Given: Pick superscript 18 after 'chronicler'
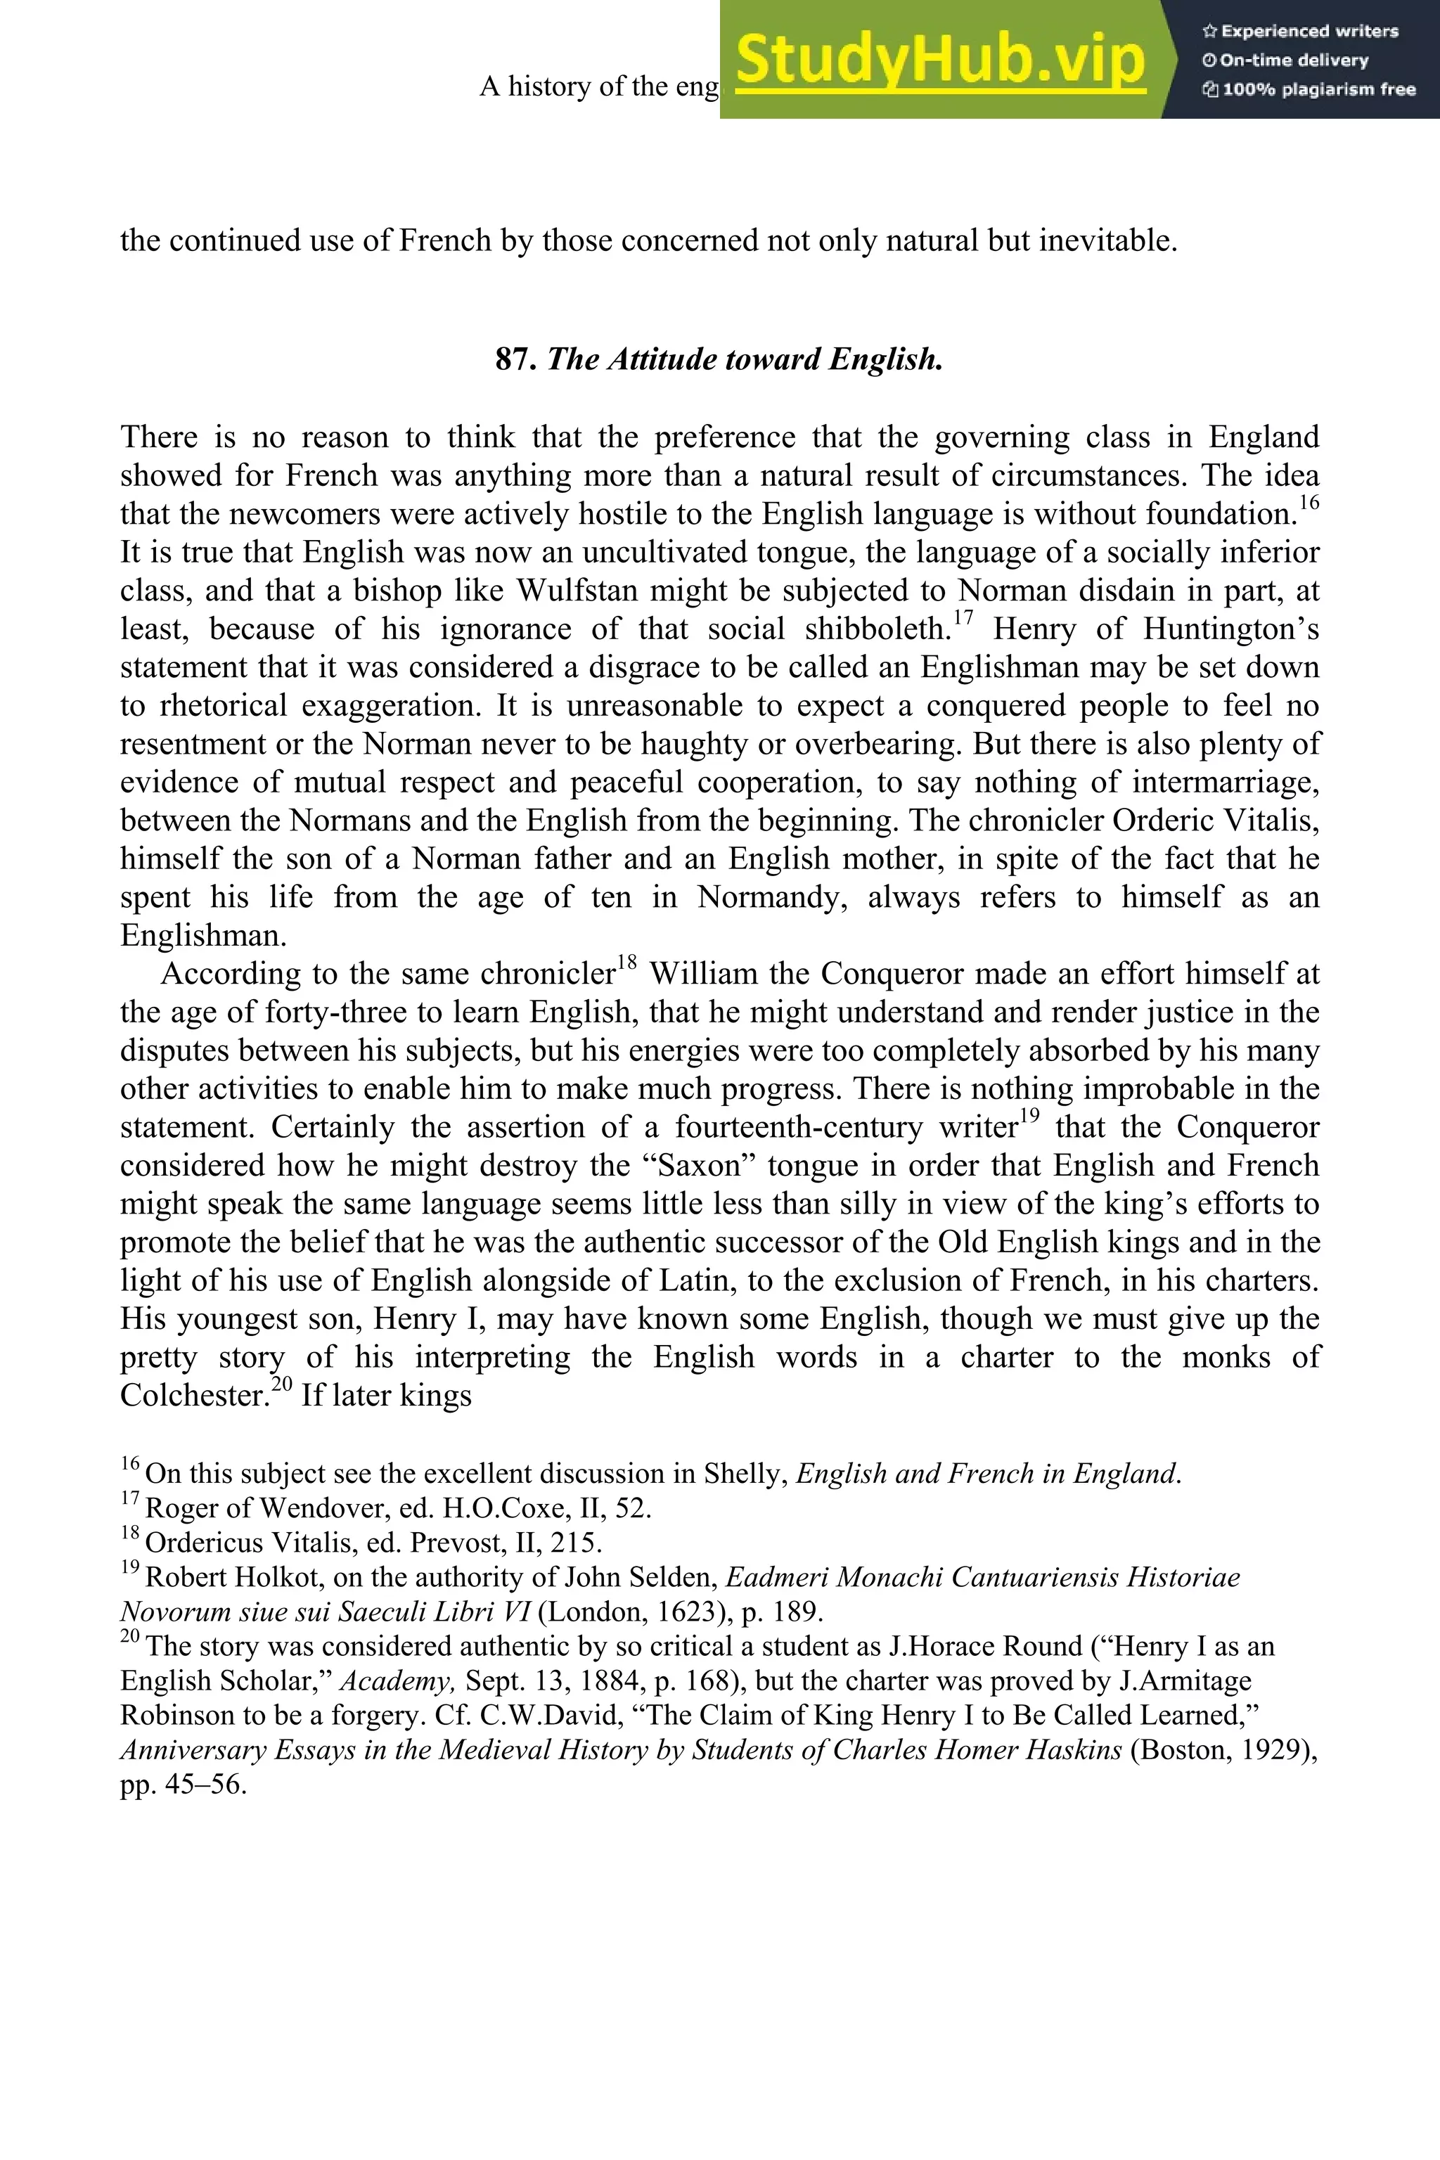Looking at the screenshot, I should (x=626, y=963).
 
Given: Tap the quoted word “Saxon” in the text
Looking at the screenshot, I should (x=690, y=1165).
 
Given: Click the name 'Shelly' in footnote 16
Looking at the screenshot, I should (x=745, y=1474).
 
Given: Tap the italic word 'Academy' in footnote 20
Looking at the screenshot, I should (x=398, y=1680).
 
